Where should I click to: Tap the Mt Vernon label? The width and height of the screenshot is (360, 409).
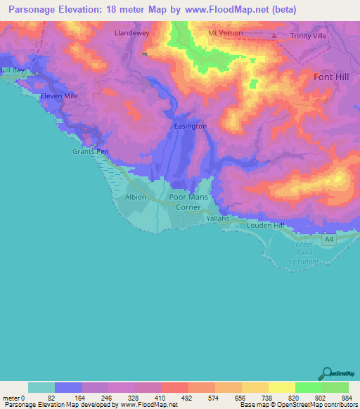225,34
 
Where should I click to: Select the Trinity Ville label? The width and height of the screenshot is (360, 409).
309,37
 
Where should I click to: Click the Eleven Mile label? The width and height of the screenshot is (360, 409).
58,95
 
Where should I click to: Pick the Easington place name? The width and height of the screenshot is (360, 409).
190,126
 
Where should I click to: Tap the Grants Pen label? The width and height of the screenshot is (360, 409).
89,151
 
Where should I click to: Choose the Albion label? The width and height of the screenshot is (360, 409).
136,197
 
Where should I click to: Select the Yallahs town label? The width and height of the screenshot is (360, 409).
217,219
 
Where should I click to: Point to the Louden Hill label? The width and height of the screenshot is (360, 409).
264,226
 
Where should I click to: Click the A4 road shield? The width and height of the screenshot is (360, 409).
328,240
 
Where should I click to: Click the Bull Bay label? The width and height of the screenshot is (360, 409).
11,70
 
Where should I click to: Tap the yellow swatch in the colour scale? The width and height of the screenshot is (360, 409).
281,387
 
